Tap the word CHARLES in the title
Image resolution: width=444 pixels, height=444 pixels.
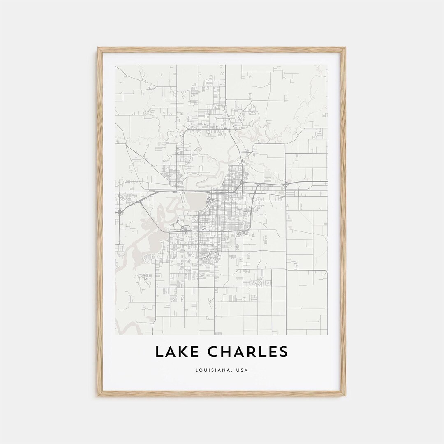(x=247, y=352)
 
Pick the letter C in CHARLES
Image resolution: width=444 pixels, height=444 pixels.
(x=213, y=352)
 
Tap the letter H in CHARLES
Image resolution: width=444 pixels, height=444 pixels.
(x=225, y=352)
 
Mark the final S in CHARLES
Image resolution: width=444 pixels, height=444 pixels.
(x=283, y=352)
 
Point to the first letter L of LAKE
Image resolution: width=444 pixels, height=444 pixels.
(x=159, y=352)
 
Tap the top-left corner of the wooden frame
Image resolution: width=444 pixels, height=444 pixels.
(x=99, y=49)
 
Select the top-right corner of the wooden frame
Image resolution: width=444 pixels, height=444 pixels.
(x=345, y=49)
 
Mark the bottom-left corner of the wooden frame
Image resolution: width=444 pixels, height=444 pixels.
(x=99, y=395)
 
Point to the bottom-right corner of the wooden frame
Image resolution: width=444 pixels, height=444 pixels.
(x=345, y=395)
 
